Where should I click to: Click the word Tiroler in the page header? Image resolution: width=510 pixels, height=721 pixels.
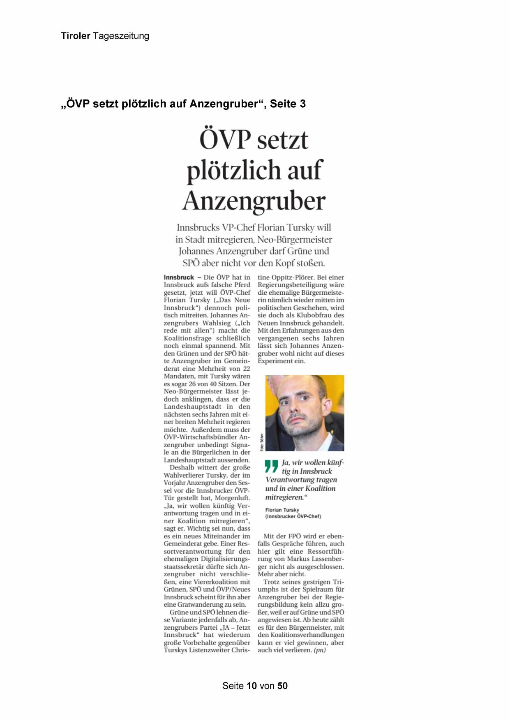(x=76, y=36)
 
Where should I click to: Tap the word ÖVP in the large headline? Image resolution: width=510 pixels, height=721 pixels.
(x=225, y=140)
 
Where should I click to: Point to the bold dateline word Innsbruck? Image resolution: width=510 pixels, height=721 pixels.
(x=179, y=277)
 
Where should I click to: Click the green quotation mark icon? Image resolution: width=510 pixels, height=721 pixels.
(x=272, y=466)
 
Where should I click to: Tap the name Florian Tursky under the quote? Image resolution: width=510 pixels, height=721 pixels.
(x=282, y=510)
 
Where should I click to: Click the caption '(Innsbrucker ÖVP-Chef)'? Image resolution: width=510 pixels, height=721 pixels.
(x=293, y=516)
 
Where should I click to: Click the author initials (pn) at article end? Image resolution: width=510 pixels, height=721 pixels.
(x=319, y=650)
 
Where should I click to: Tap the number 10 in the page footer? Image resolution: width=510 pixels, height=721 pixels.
(x=252, y=686)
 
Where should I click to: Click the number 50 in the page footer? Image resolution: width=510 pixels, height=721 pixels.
(x=282, y=686)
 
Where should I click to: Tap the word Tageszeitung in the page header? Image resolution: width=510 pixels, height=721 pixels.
(x=121, y=36)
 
